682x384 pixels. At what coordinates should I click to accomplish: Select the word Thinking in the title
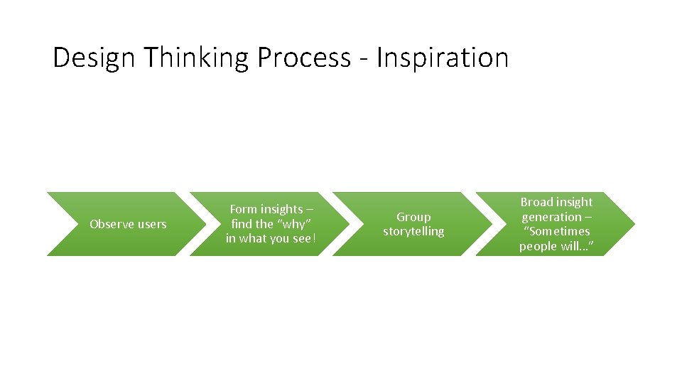tap(196, 58)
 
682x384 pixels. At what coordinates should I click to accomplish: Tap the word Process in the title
tap(304, 58)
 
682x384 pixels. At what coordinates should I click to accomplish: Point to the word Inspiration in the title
tap(443, 58)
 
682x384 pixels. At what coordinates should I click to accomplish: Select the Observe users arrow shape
tap(71, 224)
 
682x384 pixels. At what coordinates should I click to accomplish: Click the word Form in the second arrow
tap(244, 209)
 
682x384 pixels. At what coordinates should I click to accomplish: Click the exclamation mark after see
tap(311, 239)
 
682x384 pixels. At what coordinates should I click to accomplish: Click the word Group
tap(413, 217)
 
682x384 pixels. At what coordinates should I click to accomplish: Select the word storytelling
tap(413, 232)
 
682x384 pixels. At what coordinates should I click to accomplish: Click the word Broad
tap(538, 202)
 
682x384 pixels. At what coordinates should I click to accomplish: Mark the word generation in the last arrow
tap(551, 217)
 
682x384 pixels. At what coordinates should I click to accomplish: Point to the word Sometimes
tap(559, 232)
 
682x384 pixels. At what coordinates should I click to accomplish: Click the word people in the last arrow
tap(538, 247)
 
